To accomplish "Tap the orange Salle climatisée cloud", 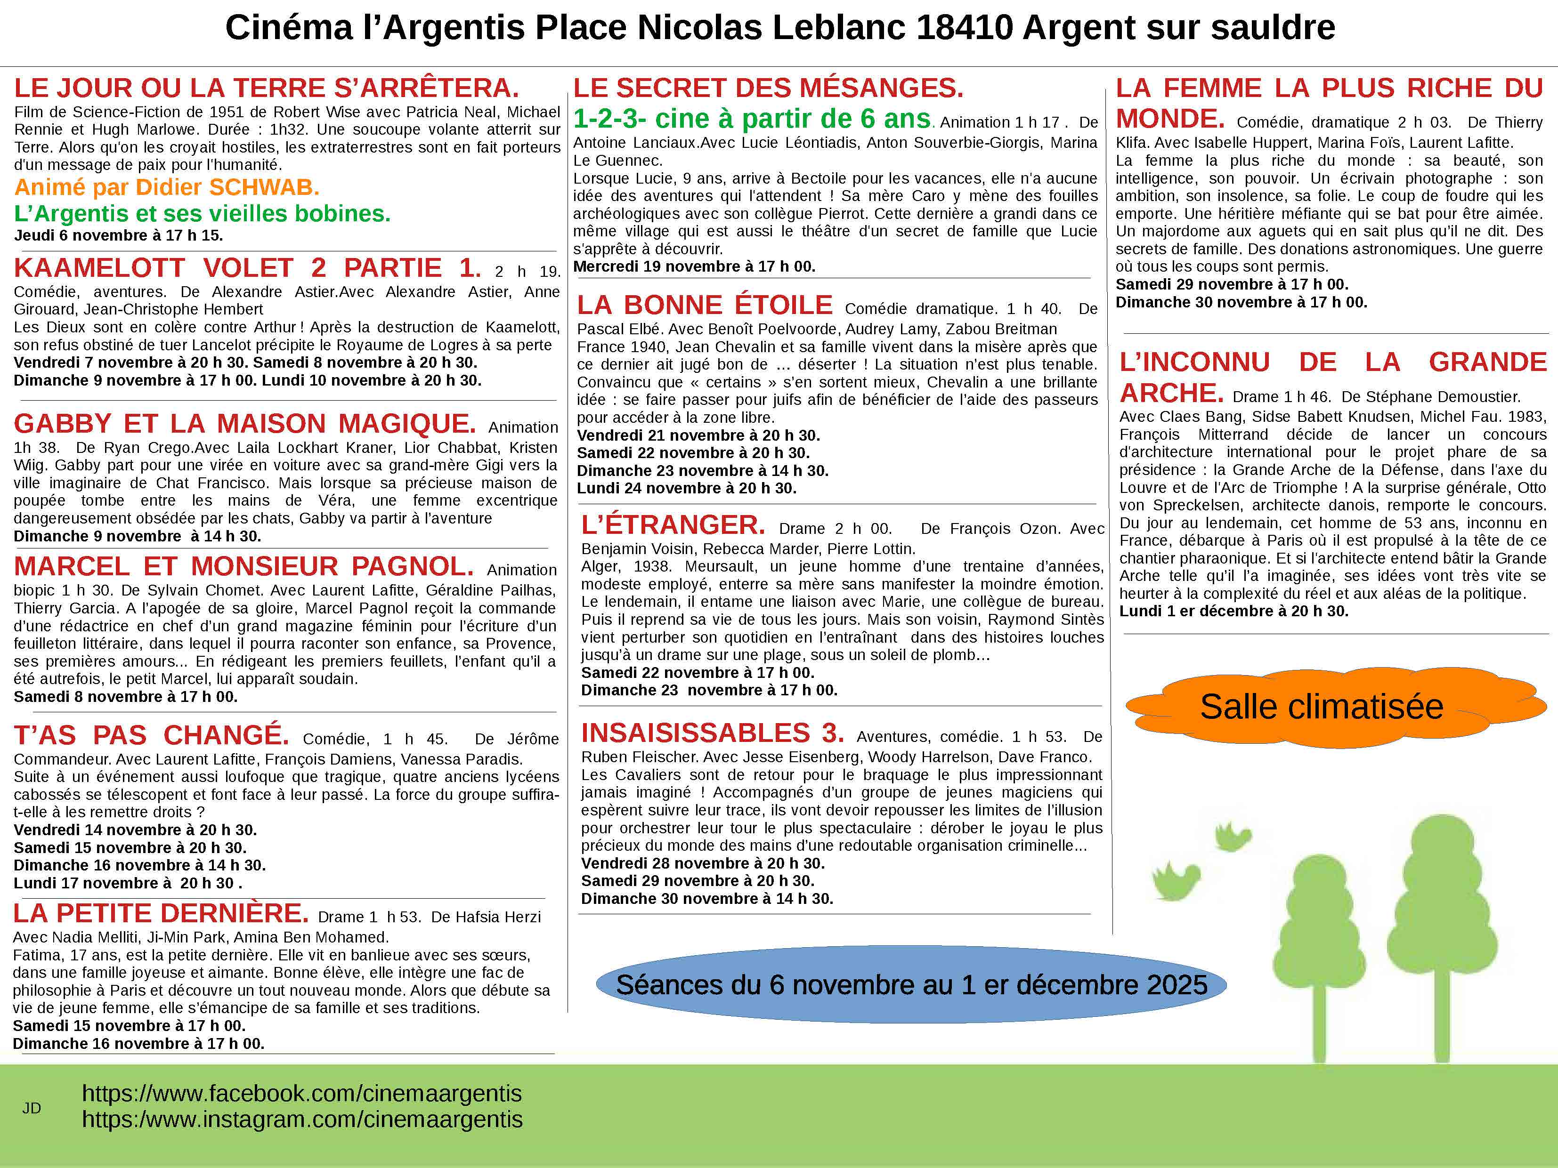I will pos(1322,706).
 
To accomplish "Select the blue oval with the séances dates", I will pos(911,984).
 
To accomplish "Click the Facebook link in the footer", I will pos(301,1093).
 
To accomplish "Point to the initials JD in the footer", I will pos(32,1108).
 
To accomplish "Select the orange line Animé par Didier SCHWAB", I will pos(167,187).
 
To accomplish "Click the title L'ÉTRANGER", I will pos(673,525).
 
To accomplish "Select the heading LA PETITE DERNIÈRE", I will pos(161,913).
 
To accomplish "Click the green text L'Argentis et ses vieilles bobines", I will pos(202,213).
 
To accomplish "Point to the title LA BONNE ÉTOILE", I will pos(704,306).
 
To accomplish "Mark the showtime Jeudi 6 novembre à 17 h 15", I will pos(118,235).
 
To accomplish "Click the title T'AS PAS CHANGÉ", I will pos(152,736).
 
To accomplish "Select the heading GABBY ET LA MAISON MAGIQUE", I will pos(244,424).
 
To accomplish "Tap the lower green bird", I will pos(1175,880).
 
